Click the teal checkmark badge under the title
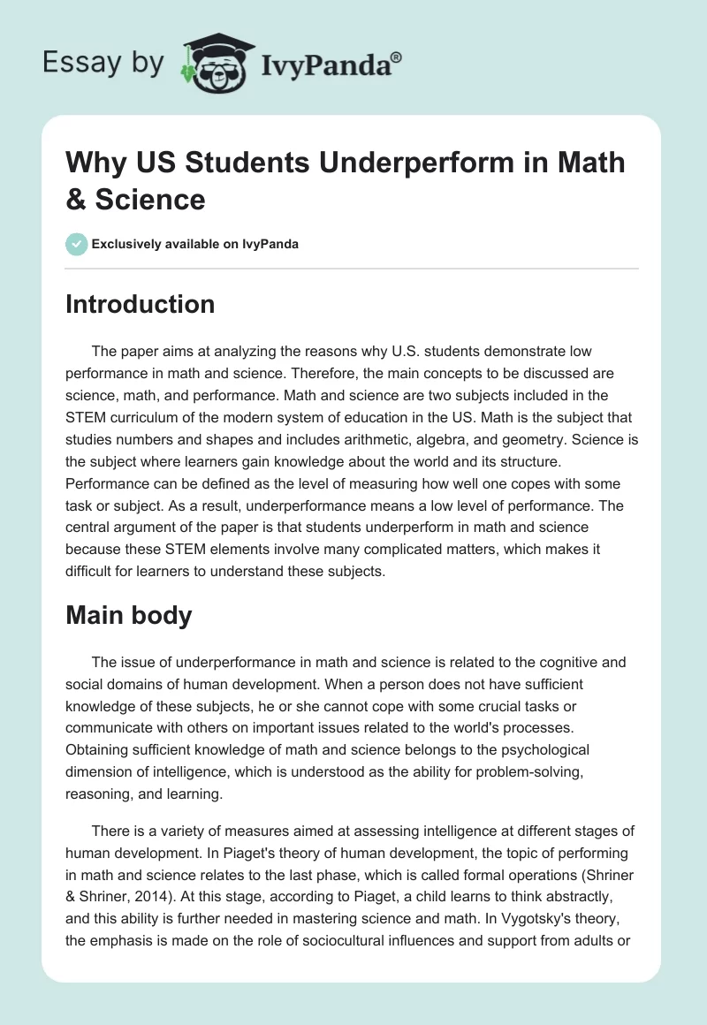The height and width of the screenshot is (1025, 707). pos(77,244)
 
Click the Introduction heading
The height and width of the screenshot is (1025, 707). pos(141,304)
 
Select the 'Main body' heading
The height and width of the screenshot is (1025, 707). pos(129,615)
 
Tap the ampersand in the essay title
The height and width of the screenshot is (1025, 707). pos(78,199)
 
